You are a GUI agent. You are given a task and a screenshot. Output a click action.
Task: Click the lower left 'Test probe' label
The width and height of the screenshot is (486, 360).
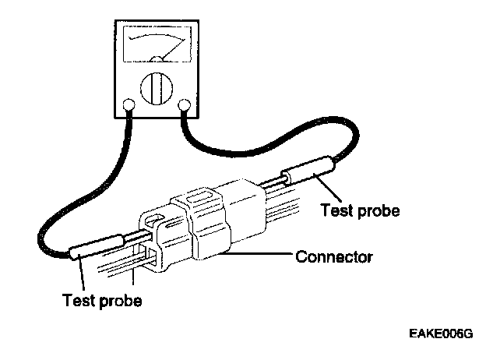pyautogui.click(x=103, y=300)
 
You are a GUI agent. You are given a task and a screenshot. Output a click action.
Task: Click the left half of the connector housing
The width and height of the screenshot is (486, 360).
pyautogui.click(x=167, y=234)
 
